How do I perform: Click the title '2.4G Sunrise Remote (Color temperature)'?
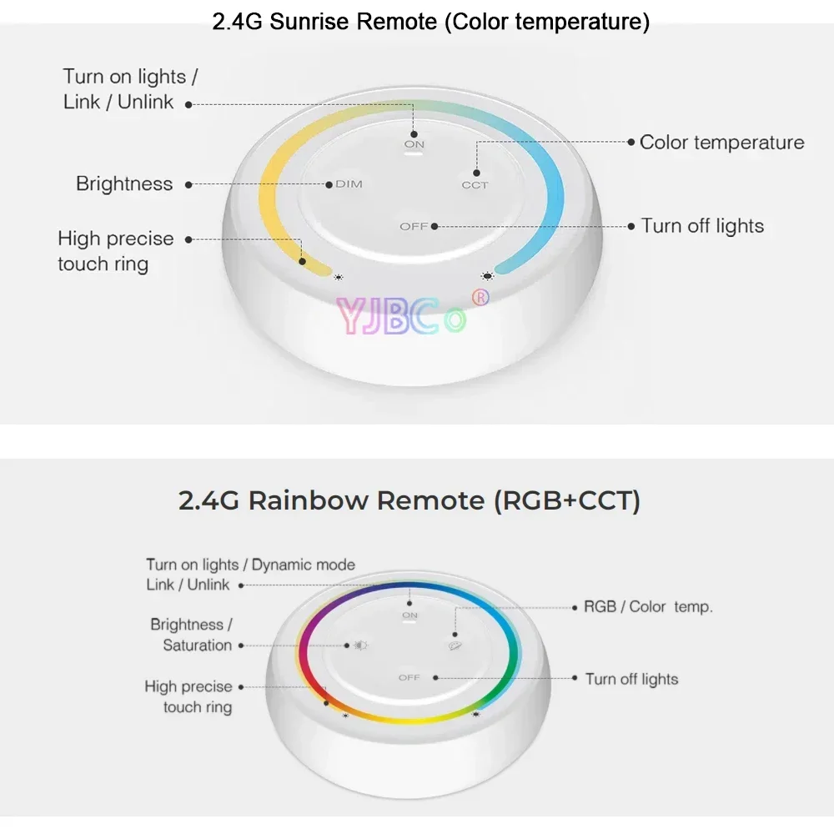430,21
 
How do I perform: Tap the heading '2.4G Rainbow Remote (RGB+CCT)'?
409,500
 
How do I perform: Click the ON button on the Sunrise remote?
414,144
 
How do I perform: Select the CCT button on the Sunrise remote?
475,184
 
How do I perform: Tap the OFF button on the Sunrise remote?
414,226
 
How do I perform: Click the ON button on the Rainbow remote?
409,615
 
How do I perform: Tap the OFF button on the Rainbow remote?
409,677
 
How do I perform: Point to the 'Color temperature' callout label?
721,143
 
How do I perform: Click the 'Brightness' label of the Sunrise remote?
124,184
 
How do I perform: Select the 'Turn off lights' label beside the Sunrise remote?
702,226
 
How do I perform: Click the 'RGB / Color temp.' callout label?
648,607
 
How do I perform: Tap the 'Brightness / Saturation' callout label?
191,635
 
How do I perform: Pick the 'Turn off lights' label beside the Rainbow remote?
631,679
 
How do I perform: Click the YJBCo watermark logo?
400,315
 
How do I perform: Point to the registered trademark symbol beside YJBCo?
480,296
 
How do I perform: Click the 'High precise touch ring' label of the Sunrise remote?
115,251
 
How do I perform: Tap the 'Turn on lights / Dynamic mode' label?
250,565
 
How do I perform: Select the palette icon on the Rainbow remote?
455,645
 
